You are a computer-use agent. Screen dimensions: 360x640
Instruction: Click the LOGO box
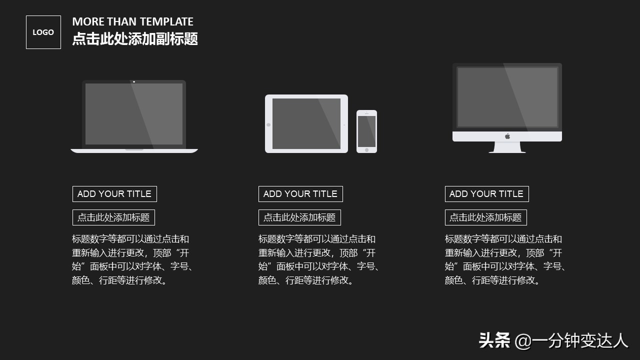(43, 32)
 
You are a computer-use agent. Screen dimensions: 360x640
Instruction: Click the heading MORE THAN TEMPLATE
(132, 21)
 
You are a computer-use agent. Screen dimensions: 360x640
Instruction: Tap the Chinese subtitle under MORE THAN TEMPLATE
(135, 39)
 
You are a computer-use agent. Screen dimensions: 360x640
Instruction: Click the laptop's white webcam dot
(134, 81)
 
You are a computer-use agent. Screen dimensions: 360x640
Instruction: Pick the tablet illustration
(306, 123)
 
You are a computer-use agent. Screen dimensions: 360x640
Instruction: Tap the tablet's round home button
(268, 124)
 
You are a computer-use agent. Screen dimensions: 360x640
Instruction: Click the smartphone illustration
(366, 131)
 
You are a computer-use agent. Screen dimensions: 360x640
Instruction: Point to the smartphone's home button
(366, 149)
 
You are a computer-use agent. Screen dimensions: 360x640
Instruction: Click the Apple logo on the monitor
(507, 136)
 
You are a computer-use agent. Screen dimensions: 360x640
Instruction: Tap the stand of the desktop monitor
(507, 147)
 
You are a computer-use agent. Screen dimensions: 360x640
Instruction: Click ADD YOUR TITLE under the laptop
(114, 194)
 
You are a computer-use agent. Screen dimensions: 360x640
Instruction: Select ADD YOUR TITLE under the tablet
(300, 194)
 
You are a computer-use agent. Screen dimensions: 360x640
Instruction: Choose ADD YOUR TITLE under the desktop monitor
(486, 194)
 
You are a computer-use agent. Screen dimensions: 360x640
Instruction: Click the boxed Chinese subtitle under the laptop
(113, 217)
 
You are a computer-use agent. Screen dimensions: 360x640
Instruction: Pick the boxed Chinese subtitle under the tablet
(299, 217)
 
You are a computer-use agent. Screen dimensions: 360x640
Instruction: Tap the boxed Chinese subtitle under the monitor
(485, 217)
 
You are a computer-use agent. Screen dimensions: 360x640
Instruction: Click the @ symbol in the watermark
(522, 341)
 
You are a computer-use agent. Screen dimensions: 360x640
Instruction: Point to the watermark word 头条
(494, 341)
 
